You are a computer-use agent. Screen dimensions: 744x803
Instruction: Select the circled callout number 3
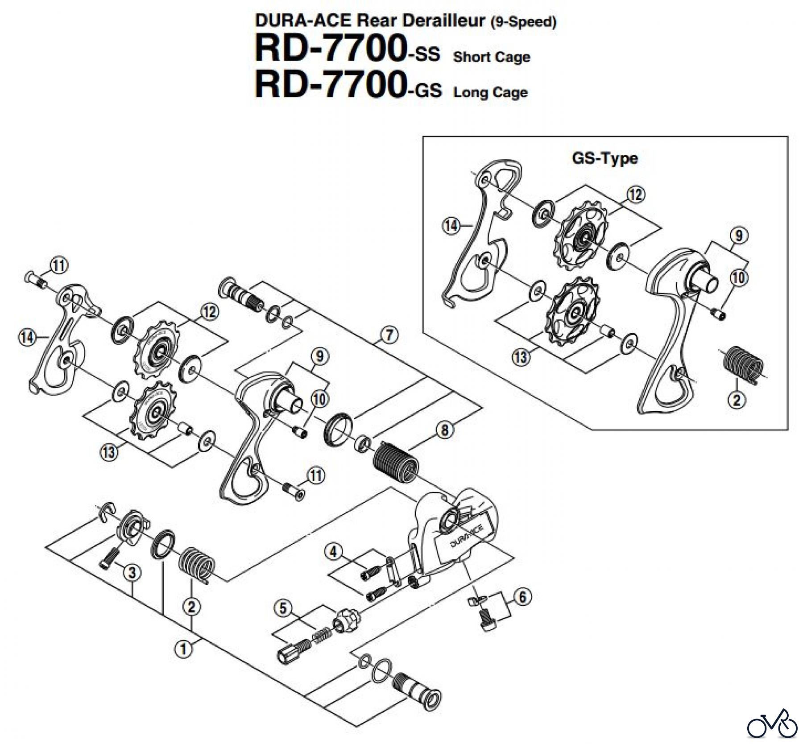[x=132, y=573]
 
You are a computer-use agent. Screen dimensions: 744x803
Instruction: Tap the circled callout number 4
[x=334, y=552]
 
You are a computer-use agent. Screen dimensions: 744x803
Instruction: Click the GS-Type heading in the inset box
[x=604, y=158]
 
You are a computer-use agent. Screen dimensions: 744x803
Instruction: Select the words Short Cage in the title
[x=492, y=58]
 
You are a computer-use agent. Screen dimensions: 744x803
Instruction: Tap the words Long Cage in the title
[x=490, y=93]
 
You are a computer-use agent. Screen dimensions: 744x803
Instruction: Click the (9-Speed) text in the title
[x=523, y=22]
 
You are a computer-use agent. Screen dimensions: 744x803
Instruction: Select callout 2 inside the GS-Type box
[x=736, y=400]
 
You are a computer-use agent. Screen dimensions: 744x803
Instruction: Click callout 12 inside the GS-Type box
[x=636, y=195]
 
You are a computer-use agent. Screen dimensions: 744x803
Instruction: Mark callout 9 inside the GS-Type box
[x=739, y=236]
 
